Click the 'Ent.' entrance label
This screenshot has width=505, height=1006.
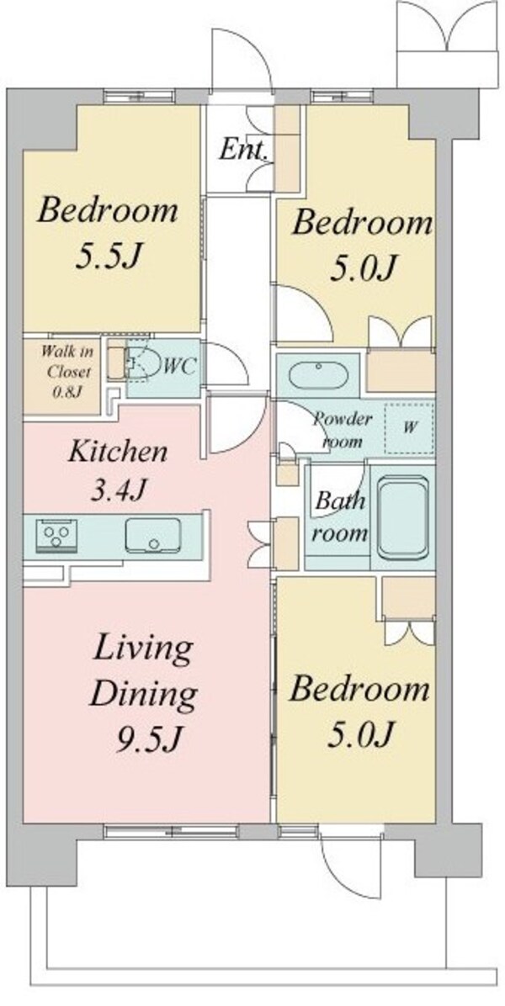click(242, 151)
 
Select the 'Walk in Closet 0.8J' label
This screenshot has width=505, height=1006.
click(61, 372)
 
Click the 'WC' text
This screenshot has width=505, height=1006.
click(178, 367)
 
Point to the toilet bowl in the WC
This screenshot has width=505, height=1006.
click(142, 363)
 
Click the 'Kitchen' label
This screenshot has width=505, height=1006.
click(118, 452)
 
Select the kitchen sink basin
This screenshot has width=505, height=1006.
click(152, 535)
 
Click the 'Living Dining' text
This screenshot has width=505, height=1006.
click(142, 671)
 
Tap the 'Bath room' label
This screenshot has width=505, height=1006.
click(342, 516)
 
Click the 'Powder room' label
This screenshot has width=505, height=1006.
click(342, 431)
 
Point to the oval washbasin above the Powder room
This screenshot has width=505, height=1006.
click(317, 375)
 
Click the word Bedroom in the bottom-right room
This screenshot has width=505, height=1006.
click(359, 690)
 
